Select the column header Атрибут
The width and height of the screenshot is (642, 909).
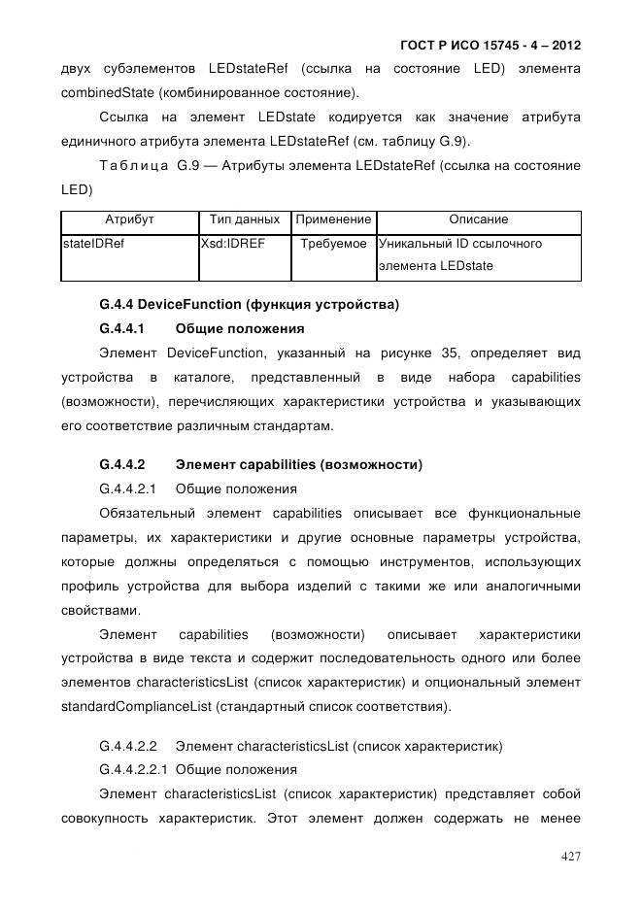[128, 220]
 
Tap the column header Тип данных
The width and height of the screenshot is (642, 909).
[245, 220]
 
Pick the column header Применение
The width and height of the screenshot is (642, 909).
[333, 220]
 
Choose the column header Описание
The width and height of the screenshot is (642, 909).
[478, 220]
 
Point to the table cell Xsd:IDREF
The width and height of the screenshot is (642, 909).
[232, 244]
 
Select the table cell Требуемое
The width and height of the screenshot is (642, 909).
[334, 244]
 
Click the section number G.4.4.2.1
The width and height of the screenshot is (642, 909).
[128, 488]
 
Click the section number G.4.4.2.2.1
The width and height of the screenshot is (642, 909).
[134, 770]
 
